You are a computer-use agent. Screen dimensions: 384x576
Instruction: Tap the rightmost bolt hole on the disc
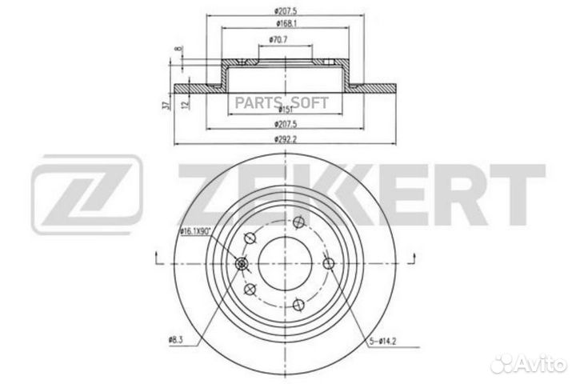point(328,265)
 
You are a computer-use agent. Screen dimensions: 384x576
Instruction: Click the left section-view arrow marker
point(154,256)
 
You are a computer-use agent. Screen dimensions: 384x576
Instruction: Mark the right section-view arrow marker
point(413,256)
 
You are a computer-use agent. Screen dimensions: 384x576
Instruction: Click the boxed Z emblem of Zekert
point(86,190)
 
